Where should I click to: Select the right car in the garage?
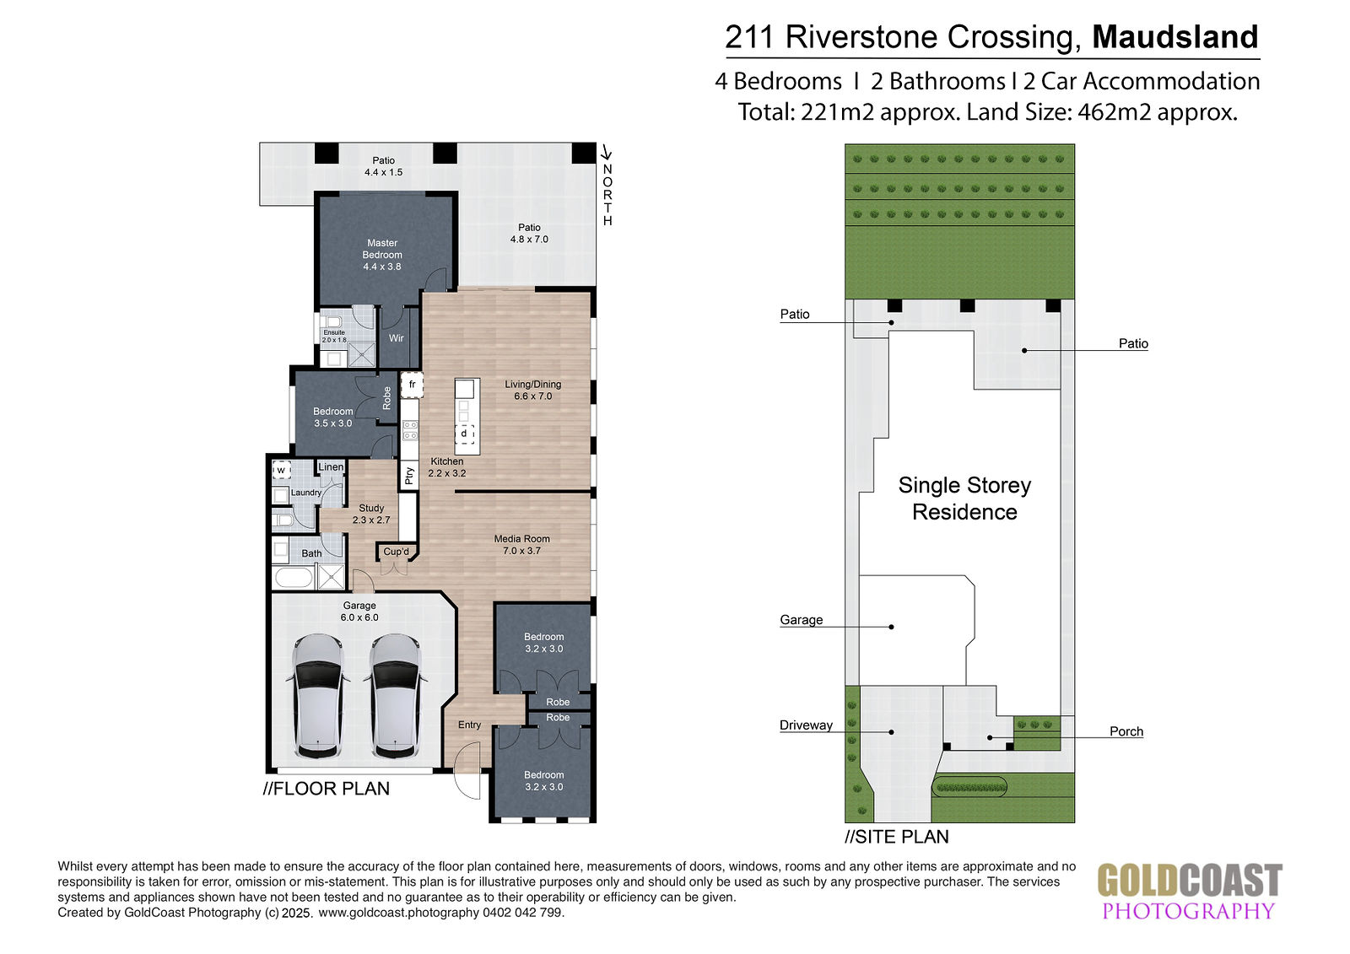[395, 696]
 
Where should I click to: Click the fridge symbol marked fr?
[413, 385]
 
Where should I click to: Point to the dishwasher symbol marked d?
[464, 434]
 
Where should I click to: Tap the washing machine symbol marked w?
[282, 470]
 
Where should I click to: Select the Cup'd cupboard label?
[396, 552]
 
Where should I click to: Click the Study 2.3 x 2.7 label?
[371, 514]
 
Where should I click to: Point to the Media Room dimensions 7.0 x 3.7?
[522, 551]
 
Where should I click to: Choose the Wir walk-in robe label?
[396, 338]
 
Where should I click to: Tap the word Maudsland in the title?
[1175, 37]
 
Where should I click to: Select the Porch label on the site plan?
[1126, 731]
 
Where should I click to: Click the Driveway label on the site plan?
[806, 725]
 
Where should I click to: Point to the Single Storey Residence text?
[964, 499]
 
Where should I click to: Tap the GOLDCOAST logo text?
[1190, 881]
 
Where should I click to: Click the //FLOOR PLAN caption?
[326, 789]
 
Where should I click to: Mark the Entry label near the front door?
[469, 725]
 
